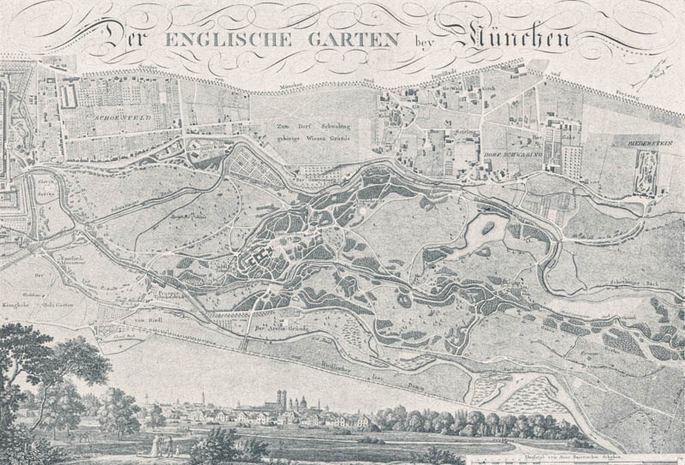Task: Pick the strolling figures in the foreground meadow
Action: click(x=163, y=445)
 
